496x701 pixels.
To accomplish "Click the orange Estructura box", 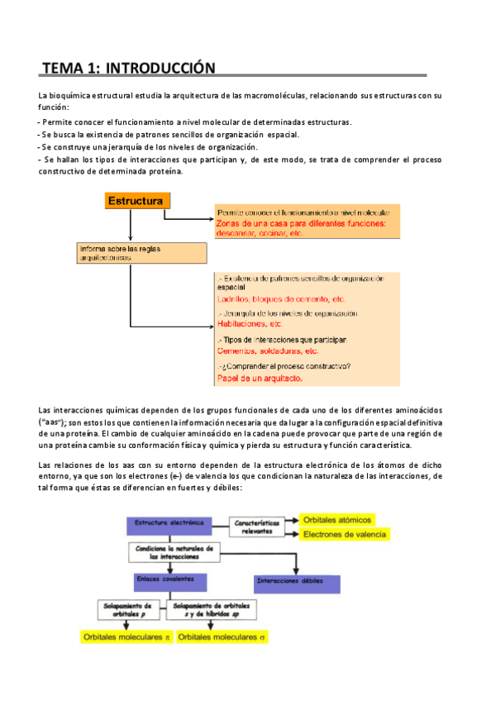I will (x=137, y=201).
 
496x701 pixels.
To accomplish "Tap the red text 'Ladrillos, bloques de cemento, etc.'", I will (x=281, y=298).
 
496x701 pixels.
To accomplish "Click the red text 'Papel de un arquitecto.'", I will (x=260, y=379).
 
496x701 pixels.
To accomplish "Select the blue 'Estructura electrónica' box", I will (x=169, y=524).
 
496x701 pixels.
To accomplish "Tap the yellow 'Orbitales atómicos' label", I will (x=337, y=519).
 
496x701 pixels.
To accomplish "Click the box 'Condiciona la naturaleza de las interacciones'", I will (x=174, y=552).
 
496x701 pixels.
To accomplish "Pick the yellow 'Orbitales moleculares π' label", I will (x=125, y=637).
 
